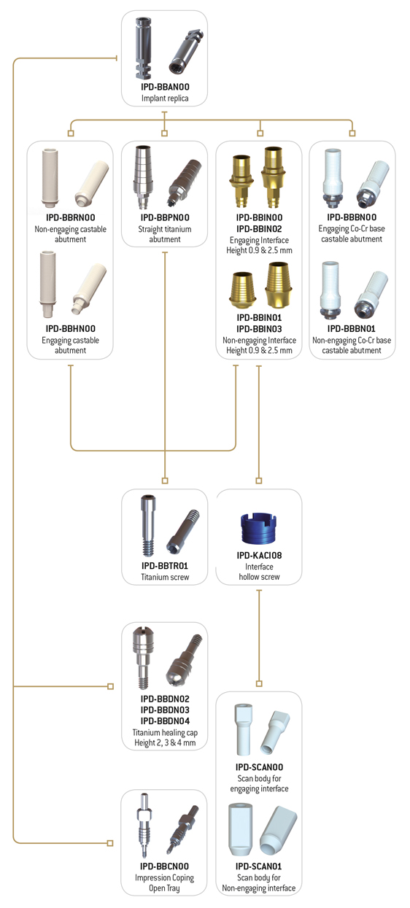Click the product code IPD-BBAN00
click(165, 87)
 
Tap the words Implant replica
click(165, 98)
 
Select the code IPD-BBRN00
click(70, 217)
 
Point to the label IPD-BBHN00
click(70, 329)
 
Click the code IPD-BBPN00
click(165, 217)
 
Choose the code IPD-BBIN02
click(259, 229)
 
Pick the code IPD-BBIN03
click(259, 329)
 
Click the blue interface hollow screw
click(259, 528)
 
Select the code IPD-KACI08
click(259, 555)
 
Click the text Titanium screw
click(165, 577)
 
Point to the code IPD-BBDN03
click(165, 710)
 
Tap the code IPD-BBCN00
click(164, 866)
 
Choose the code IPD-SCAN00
click(259, 767)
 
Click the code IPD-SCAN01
click(259, 866)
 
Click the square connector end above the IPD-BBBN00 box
click(352, 133)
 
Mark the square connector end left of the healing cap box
click(110, 686)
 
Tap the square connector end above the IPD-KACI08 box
click(259, 481)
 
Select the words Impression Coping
click(164, 877)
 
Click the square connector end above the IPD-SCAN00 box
click(259, 684)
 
